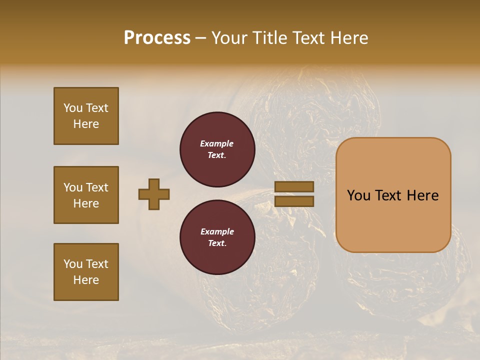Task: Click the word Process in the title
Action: pos(157,38)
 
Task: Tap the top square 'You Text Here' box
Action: pos(86,116)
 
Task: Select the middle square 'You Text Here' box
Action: pos(86,195)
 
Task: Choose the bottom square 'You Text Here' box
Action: pos(86,272)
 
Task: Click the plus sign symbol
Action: pos(154,194)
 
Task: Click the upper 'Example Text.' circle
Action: pos(217,149)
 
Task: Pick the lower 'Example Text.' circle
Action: pos(217,237)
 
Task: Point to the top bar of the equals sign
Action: pos(294,187)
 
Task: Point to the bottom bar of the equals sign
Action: pos(294,201)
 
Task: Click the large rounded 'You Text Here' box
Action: pos(393,195)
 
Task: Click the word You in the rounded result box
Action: pos(358,195)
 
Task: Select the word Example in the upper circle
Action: pos(217,143)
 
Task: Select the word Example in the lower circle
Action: pos(217,231)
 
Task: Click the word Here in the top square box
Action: pos(86,124)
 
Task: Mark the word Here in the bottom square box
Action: pos(86,280)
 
